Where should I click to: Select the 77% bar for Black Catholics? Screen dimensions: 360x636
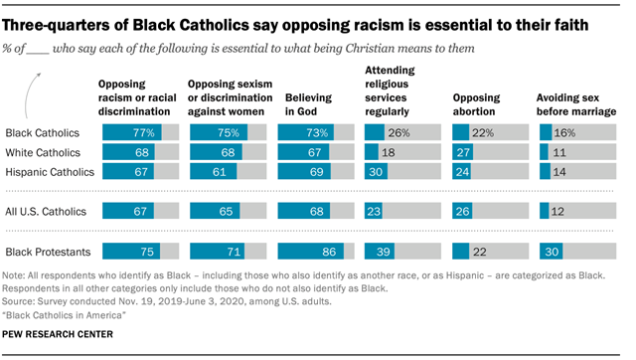tap(127, 132)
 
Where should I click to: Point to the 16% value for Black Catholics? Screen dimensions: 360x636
tap(562, 132)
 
